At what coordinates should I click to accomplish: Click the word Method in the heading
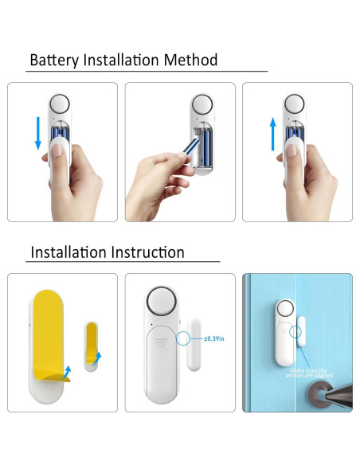click(190, 61)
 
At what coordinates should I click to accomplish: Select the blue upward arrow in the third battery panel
click(272, 133)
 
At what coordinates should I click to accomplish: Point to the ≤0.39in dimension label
click(213, 339)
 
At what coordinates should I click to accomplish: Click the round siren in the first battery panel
click(61, 105)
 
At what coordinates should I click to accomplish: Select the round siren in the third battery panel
click(295, 105)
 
